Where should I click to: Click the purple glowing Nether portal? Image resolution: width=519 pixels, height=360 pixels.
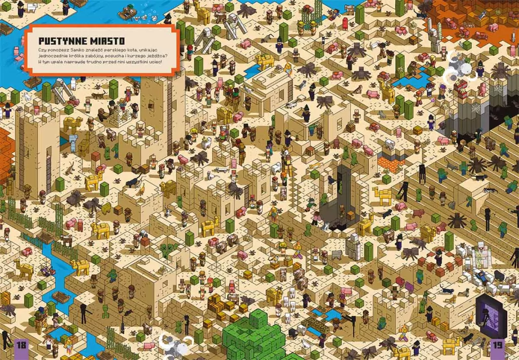click(491, 317)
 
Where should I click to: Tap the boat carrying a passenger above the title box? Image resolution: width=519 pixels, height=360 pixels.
click(133, 12)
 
